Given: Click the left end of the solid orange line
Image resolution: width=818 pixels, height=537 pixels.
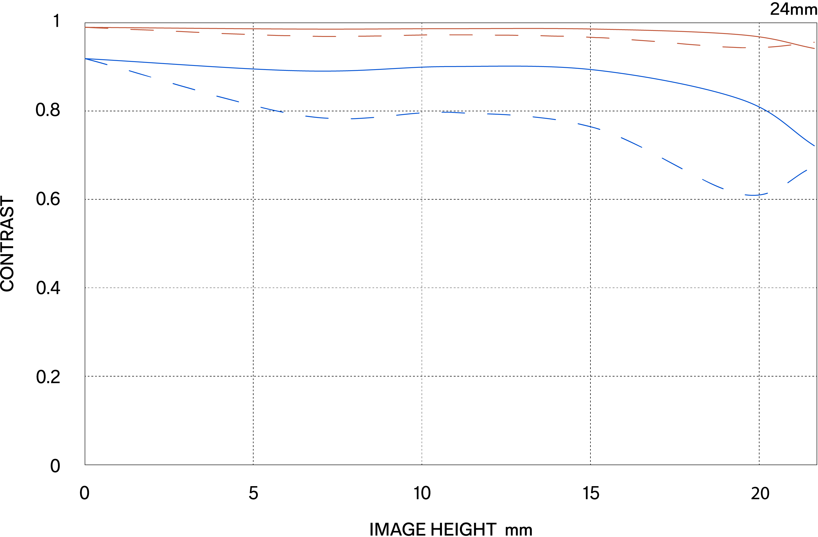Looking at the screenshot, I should (x=86, y=27).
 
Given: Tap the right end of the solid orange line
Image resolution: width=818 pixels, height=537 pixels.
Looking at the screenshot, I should (x=814, y=48).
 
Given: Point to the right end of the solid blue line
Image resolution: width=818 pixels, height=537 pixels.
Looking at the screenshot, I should (x=814, y=146).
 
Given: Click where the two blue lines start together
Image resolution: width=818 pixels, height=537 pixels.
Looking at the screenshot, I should (x=86, y=59).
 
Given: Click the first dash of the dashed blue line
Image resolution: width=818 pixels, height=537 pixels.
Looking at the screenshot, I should (x=97, y=62).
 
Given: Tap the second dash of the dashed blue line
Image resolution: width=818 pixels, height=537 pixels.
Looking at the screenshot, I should (x=140, y=74).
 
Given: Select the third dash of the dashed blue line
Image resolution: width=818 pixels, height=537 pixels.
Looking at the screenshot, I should (x=184, y=87).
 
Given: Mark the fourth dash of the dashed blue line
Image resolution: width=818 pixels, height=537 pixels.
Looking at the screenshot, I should (x=227, y=99).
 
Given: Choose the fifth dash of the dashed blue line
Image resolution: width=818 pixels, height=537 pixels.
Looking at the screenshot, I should (x=272, y=110).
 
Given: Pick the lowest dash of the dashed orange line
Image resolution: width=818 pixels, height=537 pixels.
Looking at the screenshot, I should (x=734, y=47).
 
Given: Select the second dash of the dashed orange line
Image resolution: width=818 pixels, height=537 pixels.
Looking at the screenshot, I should (x=142, y=30).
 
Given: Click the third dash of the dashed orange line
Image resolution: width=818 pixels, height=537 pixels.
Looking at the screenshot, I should (x=188, y=32).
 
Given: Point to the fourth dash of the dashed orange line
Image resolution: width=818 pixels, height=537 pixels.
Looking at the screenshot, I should (x=233, y=34).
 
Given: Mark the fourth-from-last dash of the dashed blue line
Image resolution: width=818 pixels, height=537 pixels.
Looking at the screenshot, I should (x=672, y=163).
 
